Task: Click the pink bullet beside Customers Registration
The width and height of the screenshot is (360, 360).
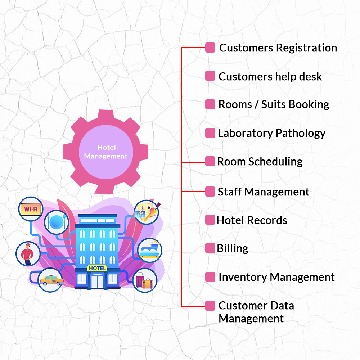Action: (210, 48)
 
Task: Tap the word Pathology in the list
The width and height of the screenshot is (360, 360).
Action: (301, 134)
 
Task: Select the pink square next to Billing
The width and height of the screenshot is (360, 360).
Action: (210, 248)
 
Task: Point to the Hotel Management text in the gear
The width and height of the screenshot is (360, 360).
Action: (106, 152)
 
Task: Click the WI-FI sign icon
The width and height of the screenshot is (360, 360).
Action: (31, 209)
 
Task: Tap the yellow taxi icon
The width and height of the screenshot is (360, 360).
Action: (51, 280)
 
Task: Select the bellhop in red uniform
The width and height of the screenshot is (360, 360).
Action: (28, 254)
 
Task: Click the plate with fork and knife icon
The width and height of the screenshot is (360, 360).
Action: (57, 222)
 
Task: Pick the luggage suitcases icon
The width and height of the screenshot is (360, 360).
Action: (145, 280)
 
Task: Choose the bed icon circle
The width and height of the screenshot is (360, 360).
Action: (150, 250)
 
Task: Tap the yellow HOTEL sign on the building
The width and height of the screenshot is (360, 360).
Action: (97, 268)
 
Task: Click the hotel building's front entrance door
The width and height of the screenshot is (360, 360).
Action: (97, 282)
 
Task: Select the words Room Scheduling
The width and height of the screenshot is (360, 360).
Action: (260, 162)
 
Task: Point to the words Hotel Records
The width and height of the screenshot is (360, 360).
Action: (252, 220)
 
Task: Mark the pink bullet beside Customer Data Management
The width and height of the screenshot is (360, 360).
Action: (210, 306)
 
